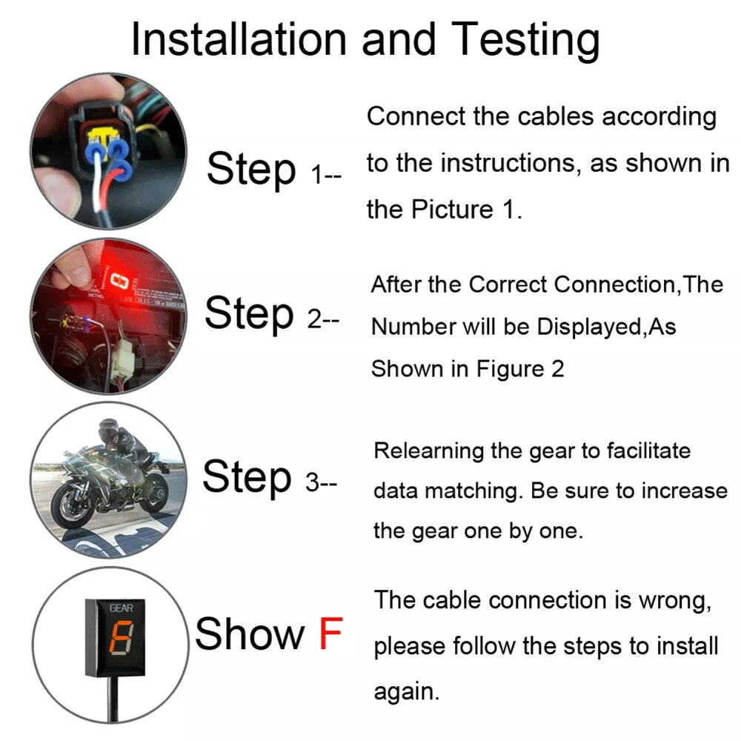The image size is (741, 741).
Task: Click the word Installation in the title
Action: pos(239,40)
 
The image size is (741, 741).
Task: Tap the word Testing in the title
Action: pos(525,41)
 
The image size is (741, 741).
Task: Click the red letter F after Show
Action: pos(330,634)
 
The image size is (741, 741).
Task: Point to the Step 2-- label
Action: pos(272,313)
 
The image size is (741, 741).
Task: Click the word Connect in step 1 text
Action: pos(416,116)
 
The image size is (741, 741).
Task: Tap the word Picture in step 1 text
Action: pos(452,210)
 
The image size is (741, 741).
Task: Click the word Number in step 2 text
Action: pos(413,327)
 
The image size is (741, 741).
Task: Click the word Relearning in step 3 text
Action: pos(428,452)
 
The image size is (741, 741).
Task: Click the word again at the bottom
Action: pos(406,693)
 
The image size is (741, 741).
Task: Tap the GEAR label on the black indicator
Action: pos(122,608)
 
